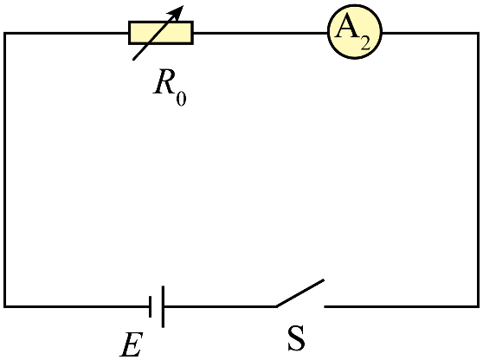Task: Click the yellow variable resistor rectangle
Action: click(x=161, y=33)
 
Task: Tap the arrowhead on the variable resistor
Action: click(x=177, y=12)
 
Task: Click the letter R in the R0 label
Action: click(x=164, y=82)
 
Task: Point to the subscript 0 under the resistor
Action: click(x=181, y=100)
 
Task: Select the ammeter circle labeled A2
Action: click(x=355, y=32)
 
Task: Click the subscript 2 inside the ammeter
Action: click(x=365, y=43)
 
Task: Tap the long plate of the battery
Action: click(x=163, y=306)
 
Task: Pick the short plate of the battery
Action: click(x=150, y=306)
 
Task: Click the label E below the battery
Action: click(x=132, y=344)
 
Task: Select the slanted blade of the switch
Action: click(x=299, y=293)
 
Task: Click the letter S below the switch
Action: click(x=296, y=338)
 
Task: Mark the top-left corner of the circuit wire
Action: click(x=5, y=33)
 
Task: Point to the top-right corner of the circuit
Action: click(x=478, y=33)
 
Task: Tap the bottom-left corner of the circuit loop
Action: click(x=5, y=306)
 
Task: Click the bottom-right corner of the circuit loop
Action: click(x=478, y=306)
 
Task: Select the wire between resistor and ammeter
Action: click(x=261, y=33)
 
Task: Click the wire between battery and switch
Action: click(x=220, y=306)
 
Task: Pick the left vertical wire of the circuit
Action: click(x=5, y=170)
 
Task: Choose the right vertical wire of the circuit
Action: click(x=478, y=170)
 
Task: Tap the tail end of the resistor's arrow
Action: click(x=133, y=59)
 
